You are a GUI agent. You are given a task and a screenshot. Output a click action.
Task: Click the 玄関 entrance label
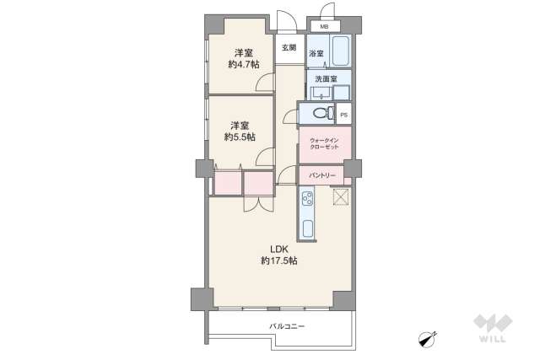(289, 48)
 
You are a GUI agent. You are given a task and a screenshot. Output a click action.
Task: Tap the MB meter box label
(324, 26)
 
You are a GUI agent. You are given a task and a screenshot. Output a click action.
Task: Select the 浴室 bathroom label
(316, 54)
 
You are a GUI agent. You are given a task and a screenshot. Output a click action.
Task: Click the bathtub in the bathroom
(341, 51)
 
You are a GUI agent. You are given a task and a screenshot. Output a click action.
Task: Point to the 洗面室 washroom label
(326, 78)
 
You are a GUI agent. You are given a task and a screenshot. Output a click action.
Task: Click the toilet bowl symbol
(323, 112)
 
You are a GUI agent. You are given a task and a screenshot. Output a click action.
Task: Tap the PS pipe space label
(343, 116)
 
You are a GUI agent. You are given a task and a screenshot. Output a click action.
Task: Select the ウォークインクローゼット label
(324, 143)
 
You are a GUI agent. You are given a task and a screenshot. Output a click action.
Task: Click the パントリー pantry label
(322, 175)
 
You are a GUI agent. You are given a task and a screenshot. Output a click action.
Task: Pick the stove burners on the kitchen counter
(307, 199)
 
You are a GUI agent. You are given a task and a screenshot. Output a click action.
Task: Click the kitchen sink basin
(307, 228)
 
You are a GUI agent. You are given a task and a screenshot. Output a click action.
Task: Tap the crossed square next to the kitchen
(341, 197)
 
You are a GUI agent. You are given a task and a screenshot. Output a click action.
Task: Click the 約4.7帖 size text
(244, 64)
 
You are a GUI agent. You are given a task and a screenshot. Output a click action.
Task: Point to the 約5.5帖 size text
(240, 137)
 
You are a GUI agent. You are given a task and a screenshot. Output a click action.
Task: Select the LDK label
(279, 249)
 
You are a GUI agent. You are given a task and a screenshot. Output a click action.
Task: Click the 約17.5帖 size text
(279, 261)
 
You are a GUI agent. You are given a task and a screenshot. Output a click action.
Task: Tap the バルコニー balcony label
(287, 326)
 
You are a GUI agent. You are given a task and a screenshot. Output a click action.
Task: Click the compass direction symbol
(428, 338)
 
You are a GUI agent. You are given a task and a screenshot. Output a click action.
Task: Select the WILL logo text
(493, 339)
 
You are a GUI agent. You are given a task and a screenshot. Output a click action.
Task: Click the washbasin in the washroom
(321, 93)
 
